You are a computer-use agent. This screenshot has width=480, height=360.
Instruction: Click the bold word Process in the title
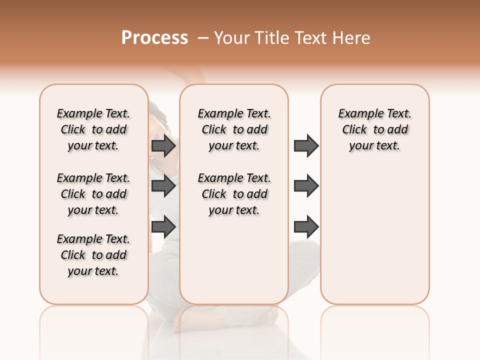coord(154,38)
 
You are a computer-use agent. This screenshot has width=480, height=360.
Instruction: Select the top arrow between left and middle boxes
coord(163,146)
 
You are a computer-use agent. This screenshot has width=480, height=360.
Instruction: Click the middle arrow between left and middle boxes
coord(163,186)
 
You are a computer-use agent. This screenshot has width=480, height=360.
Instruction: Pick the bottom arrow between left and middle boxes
coord(163,226)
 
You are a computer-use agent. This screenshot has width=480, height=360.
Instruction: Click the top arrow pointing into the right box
coord(306,146)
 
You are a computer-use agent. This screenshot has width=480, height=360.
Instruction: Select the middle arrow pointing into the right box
coord(306,186)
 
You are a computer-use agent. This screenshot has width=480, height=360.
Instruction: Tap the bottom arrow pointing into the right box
coord(306,226)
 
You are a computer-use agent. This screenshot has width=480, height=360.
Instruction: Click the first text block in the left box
coord(93,129)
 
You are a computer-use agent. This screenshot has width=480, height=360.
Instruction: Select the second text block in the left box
coord(93,194)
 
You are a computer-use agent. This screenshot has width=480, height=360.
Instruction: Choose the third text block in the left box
coord(93,255)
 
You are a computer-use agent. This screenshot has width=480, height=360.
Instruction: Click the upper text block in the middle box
coord(234,129)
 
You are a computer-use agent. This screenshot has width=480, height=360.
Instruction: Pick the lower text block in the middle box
coord(234,194)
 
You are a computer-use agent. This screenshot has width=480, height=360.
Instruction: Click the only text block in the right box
coord(374,129)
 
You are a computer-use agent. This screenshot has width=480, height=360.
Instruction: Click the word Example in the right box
coord(357,114)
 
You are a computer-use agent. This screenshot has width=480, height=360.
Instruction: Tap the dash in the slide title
coord(202,38)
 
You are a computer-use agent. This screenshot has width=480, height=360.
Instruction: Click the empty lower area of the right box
coord(374,240)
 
